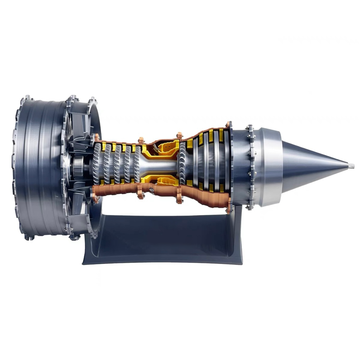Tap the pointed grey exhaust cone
click(311, 166)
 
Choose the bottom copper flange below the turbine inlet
click(179, 196)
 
